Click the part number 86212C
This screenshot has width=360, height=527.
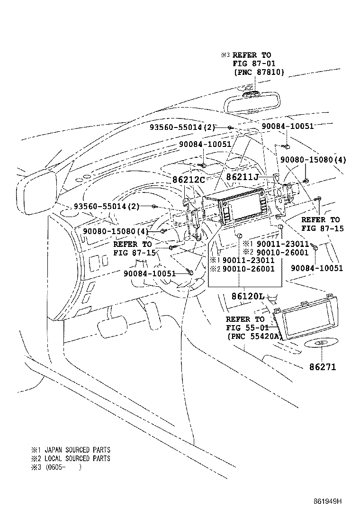pyautogui.click(x=189, y=180)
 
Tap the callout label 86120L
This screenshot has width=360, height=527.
pyautogui.click(x=247, y=296)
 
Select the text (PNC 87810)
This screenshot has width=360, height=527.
pyautogui.click(x=259, y=72)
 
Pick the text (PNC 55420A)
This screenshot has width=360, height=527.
pyautogui.click(x=254, y=336)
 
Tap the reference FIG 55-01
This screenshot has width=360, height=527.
pyautogui.click(x=247, y=328)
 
